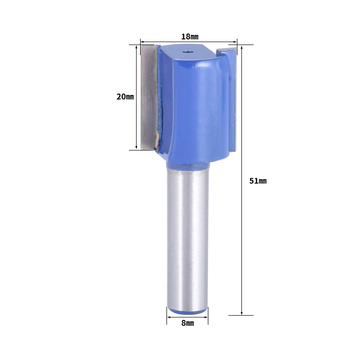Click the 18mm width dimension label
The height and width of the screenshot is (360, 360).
coord(190,36)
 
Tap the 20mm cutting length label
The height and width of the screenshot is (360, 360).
coord(125,96)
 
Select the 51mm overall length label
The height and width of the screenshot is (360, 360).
coord(258,181)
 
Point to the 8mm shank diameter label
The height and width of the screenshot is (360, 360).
coord(188,323)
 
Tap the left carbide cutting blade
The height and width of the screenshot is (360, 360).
coord(149,96)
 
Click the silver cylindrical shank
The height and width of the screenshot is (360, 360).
coord(188,239)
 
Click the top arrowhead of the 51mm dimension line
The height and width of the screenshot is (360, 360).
coord(242,47)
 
